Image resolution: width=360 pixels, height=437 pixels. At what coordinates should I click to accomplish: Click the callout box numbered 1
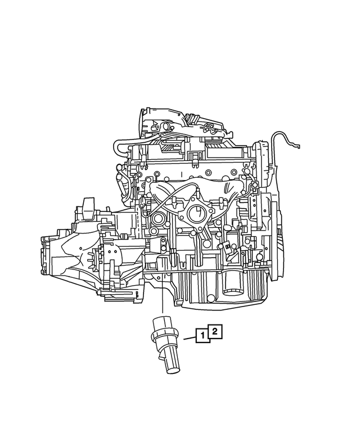[x=201, y=337]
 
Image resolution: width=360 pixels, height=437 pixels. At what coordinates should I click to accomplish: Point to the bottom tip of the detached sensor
[x=172, y=369]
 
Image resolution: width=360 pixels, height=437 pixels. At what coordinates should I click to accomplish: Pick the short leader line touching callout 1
[x=188, y=339]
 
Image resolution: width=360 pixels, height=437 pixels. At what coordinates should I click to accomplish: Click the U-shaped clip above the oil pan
[x=183, y=262]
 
